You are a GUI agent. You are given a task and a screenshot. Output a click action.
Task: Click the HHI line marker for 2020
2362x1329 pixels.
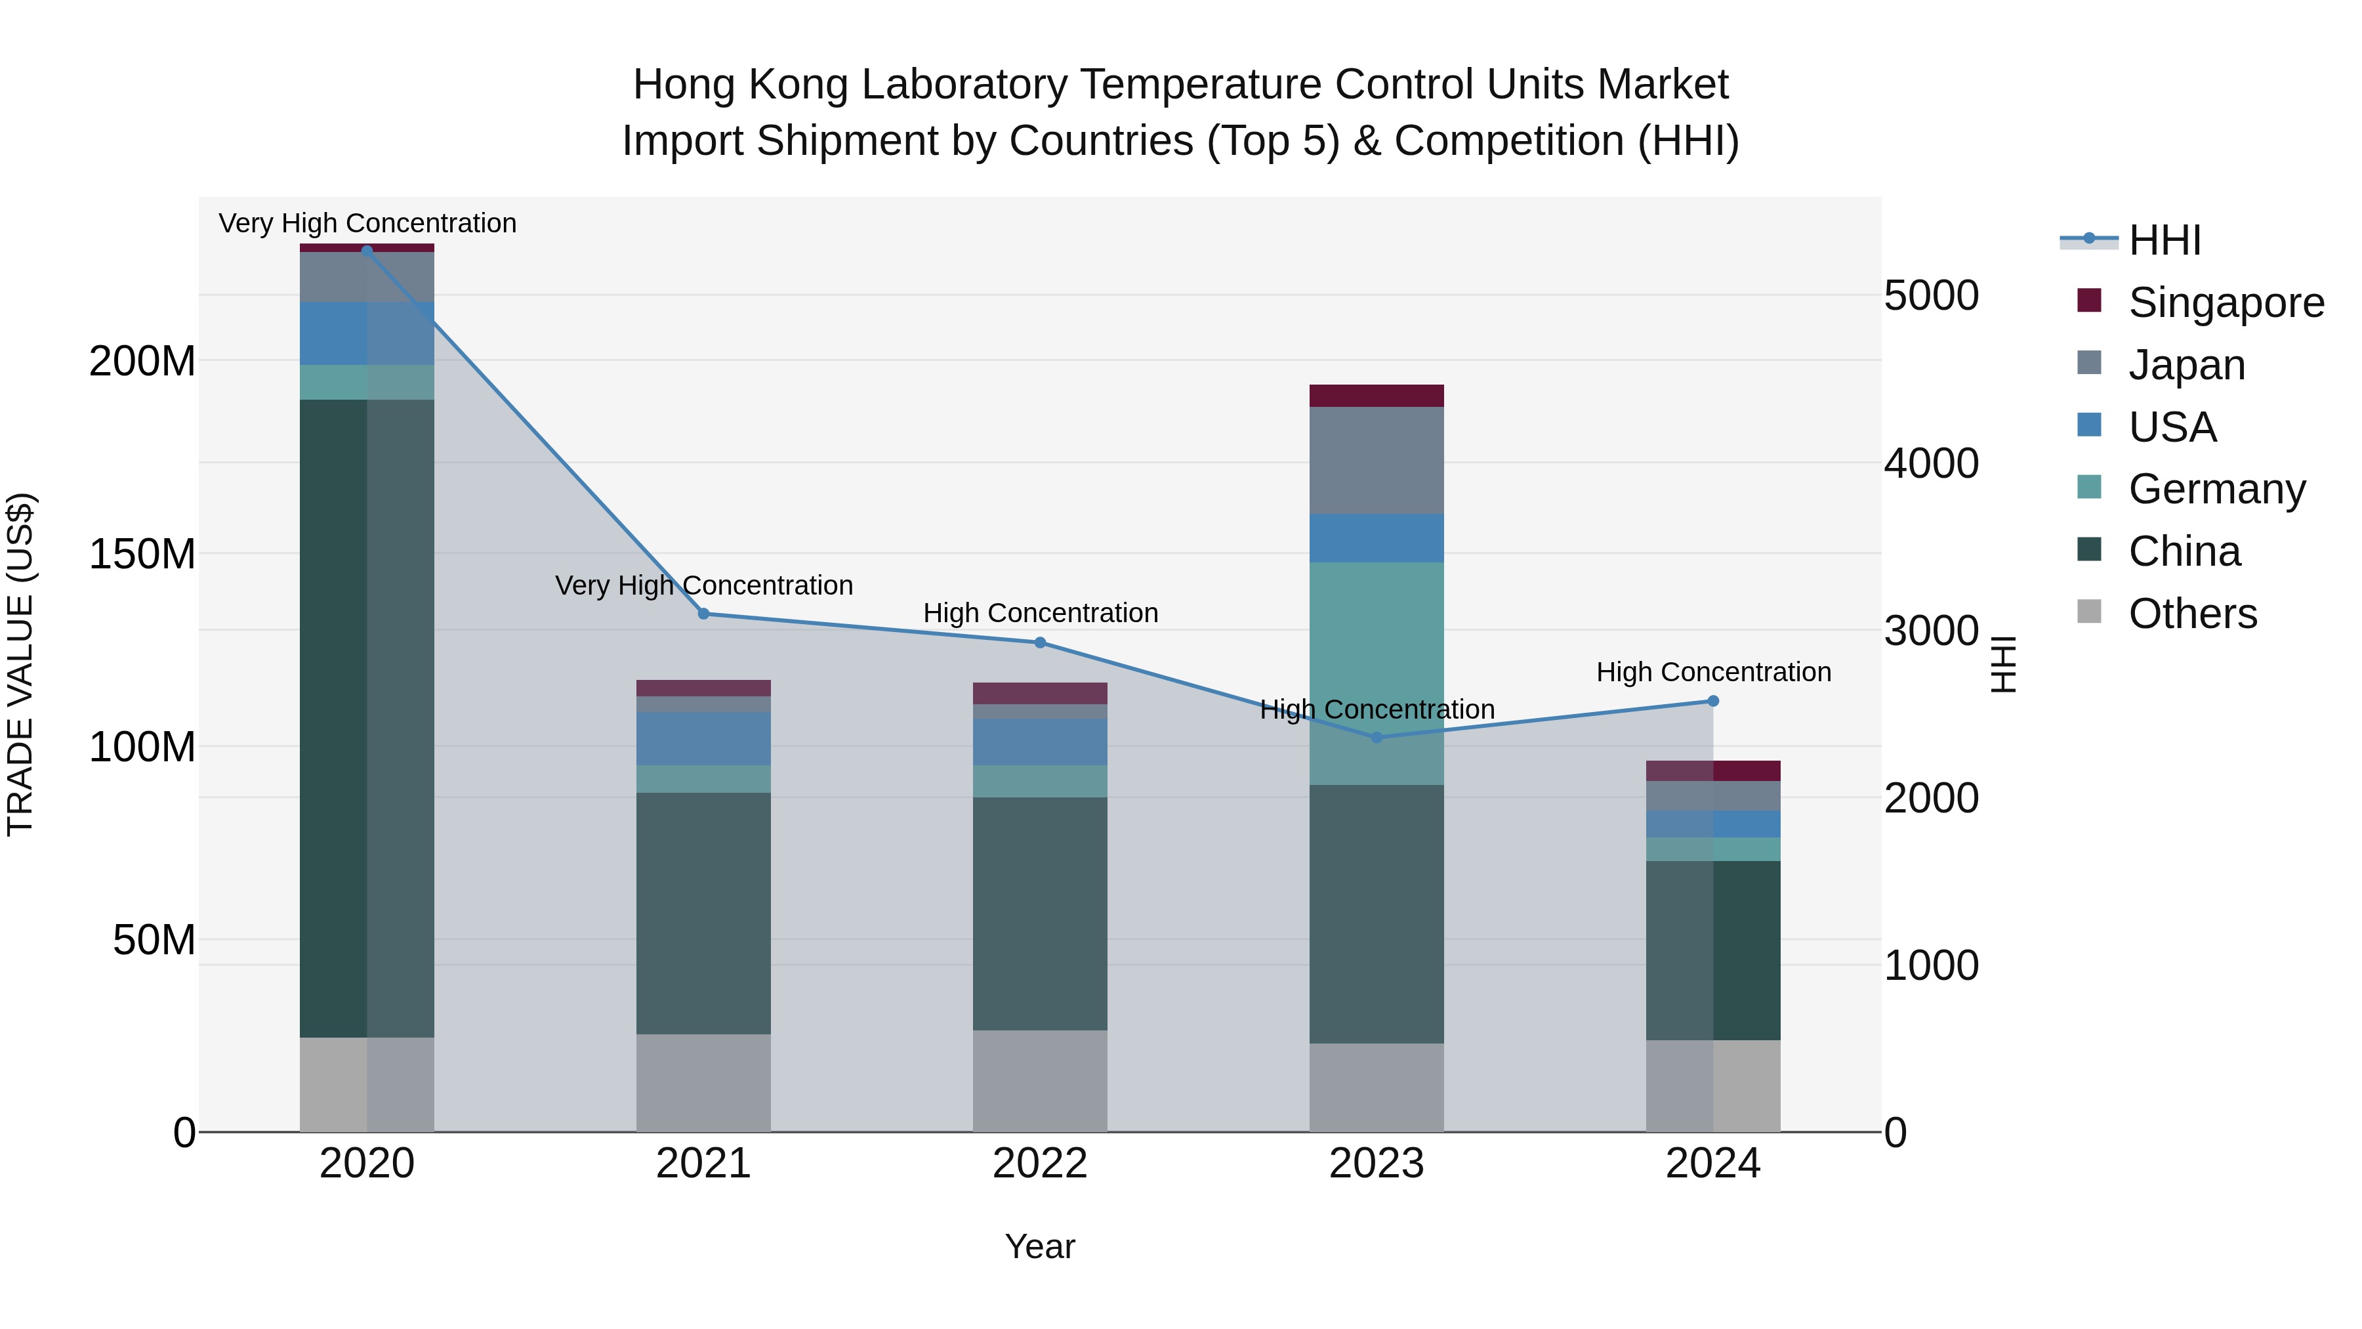point(367,251)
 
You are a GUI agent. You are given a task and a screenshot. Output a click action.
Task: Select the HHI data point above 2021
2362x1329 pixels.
point(703,614)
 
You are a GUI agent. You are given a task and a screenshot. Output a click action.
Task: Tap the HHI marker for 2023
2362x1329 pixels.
point(1377,738)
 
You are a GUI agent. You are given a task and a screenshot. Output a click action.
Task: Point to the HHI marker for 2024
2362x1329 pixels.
point(1713,701)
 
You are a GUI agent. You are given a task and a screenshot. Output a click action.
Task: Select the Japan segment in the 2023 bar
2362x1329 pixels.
point(1377,461)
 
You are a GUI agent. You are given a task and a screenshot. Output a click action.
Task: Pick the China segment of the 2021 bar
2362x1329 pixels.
point(703,914)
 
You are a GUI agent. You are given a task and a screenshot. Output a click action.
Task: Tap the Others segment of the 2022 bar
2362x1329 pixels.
point(1040,1080)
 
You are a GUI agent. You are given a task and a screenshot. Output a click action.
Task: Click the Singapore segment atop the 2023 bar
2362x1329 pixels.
point(1377,395)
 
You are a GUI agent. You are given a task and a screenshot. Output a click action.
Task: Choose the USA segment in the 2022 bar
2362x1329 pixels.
point(1040,742)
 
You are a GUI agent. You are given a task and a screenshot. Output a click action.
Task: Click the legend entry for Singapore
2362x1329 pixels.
point(2226,303)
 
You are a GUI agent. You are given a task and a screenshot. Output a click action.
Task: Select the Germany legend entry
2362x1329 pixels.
point(2216,489)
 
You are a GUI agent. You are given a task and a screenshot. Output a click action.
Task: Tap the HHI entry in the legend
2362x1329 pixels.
point(2164,240)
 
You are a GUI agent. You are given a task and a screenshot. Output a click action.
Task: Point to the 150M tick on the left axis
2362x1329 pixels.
point(142,554)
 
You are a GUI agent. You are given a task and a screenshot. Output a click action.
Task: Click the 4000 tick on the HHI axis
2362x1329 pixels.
point(1931,463)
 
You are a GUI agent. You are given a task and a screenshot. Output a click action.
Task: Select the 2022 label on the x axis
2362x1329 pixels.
point(1040,1164)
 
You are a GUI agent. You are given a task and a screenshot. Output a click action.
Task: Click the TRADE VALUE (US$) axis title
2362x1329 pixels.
point(20,664)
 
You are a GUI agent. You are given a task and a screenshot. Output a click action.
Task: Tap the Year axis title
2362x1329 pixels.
point(1040,1246)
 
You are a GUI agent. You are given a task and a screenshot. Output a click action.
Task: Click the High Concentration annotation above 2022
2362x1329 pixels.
point(1040,613)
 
